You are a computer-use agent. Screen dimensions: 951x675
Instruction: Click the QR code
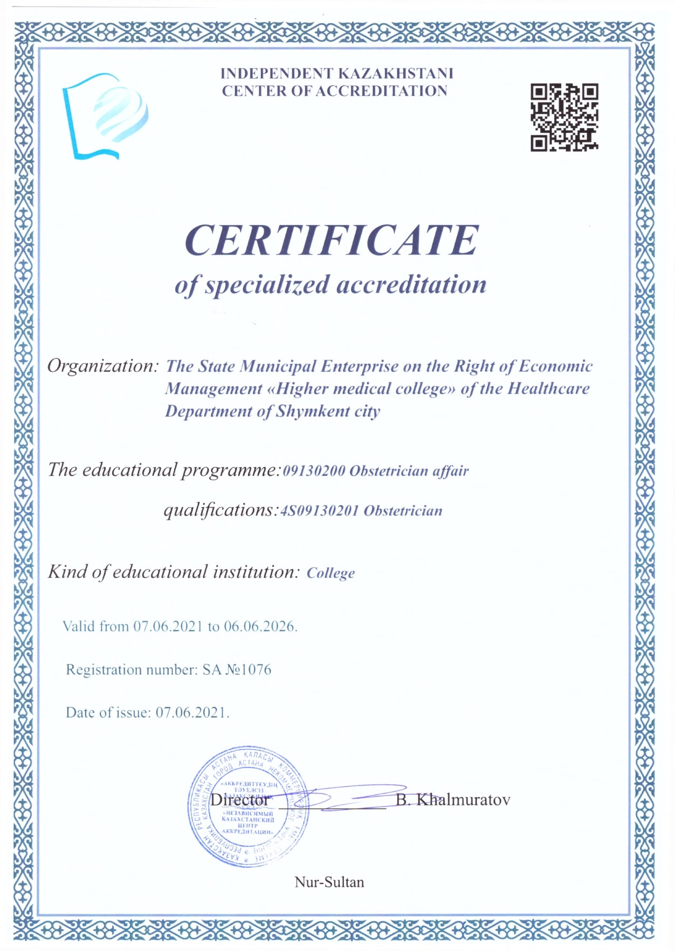point(564,117)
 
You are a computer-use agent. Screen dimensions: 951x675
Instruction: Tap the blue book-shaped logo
point(105,117)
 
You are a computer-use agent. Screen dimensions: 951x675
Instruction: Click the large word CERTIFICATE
point(332,240)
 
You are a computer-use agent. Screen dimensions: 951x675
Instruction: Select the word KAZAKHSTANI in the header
point(395,73)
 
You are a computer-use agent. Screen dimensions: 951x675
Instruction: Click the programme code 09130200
point(314,471)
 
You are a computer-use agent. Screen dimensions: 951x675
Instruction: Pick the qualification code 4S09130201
point(319,511)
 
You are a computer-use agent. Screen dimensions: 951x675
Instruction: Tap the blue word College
point(330,573)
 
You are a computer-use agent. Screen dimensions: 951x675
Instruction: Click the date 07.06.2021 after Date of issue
point(191,713)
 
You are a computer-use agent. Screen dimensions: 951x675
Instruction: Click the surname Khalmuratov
point(463,799)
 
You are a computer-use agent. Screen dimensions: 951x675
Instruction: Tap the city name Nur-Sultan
point(329,882)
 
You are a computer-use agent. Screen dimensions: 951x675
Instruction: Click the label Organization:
point(103,366)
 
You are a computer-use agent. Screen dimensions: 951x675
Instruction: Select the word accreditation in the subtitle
point(411,284)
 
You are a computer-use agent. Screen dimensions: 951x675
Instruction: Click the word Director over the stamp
point(239,800)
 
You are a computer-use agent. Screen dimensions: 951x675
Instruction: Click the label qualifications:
point(221,510)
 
